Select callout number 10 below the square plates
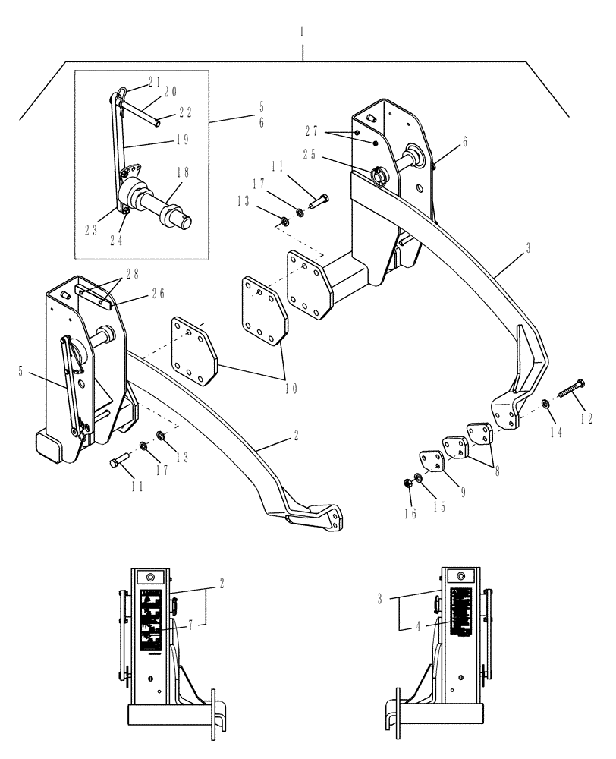pyautogui.click(x=291, y=388)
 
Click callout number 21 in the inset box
pyautogui.click(x=155, y=80)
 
